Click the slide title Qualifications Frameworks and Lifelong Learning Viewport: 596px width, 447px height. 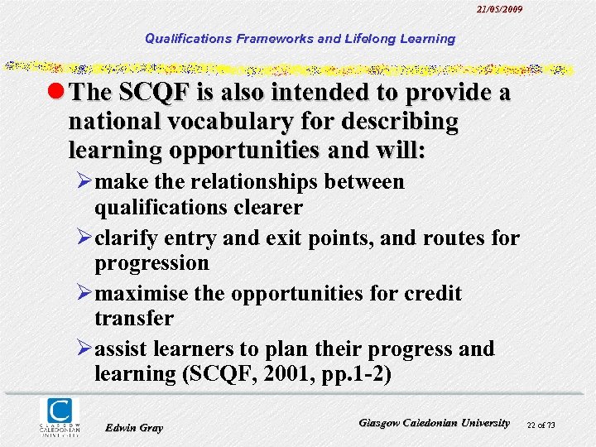pyautogui.click(x=300, y=38)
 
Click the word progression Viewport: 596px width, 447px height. pyautogui.click(x=151, y=263)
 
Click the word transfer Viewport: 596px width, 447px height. pyautogui.click(x=133, y=318)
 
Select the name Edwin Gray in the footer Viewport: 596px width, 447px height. pyautogui.click(x=135, y=427)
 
